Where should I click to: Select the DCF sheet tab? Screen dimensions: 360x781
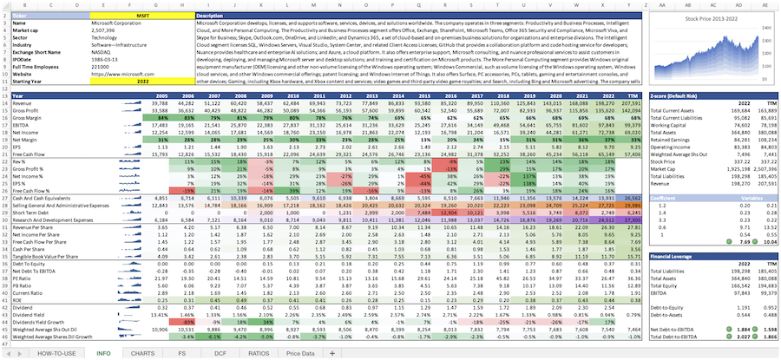(x=220, y=353)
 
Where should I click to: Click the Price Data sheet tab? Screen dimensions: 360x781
(x=300, y=353)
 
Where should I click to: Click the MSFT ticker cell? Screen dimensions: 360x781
(x=142, y=16)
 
